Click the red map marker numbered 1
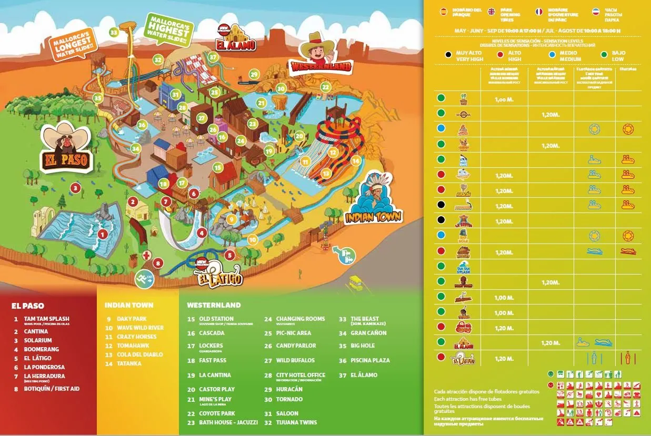pyautogui.click(x=103, y=234)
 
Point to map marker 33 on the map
pyautogui.click(x=114, y=32)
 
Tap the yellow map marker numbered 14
pyautogui.click(x=356, y=160)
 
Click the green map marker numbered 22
pyautogui.click(x=326, y=87)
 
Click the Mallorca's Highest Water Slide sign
pyautogui.click(x=169, y=29)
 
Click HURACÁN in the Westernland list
pyautogui.click(x=289, y=389)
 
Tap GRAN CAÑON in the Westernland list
pyautogui.click(x=368, y=333)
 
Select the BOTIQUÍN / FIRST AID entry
pyautogui.click(x=52, y=389)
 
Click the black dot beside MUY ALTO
pyautogui.click(x=448, y=54)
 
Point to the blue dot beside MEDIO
pyautogui.click(x=552, y=54)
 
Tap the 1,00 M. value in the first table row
pyautogui.click(x=504, y=99)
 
